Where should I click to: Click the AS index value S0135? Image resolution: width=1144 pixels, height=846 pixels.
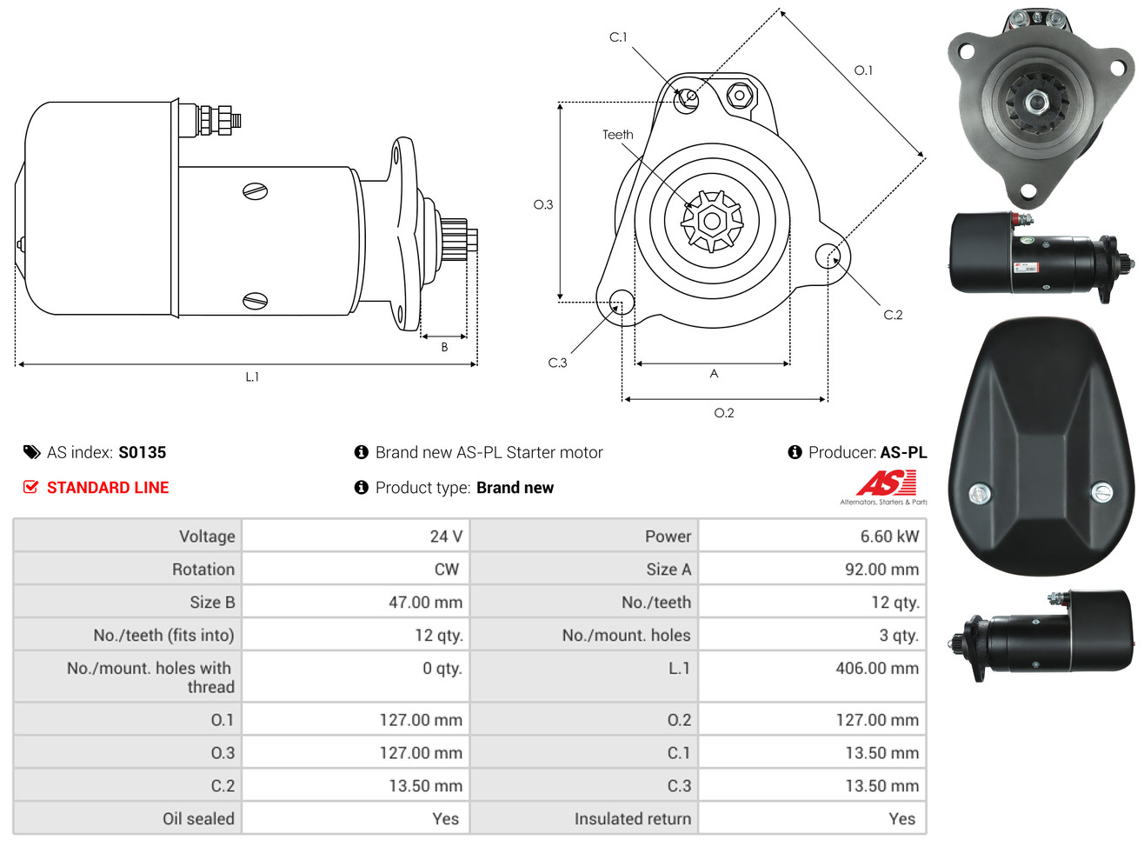142,452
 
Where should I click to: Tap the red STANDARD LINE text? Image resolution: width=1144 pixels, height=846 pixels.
108,488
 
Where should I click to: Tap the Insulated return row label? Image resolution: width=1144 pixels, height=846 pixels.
632,819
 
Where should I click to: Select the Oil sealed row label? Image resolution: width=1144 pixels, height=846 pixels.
198,819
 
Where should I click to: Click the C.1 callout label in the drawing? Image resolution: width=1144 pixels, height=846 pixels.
618,37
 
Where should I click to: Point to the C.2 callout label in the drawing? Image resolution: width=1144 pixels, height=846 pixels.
893,315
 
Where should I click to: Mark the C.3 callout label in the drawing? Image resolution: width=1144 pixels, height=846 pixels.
557,363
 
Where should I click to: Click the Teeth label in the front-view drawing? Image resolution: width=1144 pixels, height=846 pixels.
618,135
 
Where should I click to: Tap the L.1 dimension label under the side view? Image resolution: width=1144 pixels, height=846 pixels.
252,376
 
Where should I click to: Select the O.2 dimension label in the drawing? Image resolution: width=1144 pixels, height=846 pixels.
723,413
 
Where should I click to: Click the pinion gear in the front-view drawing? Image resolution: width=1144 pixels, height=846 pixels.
712,221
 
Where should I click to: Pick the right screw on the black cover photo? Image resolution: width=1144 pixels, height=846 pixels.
1101,492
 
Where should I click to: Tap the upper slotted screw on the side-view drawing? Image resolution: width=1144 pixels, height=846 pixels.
255,191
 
